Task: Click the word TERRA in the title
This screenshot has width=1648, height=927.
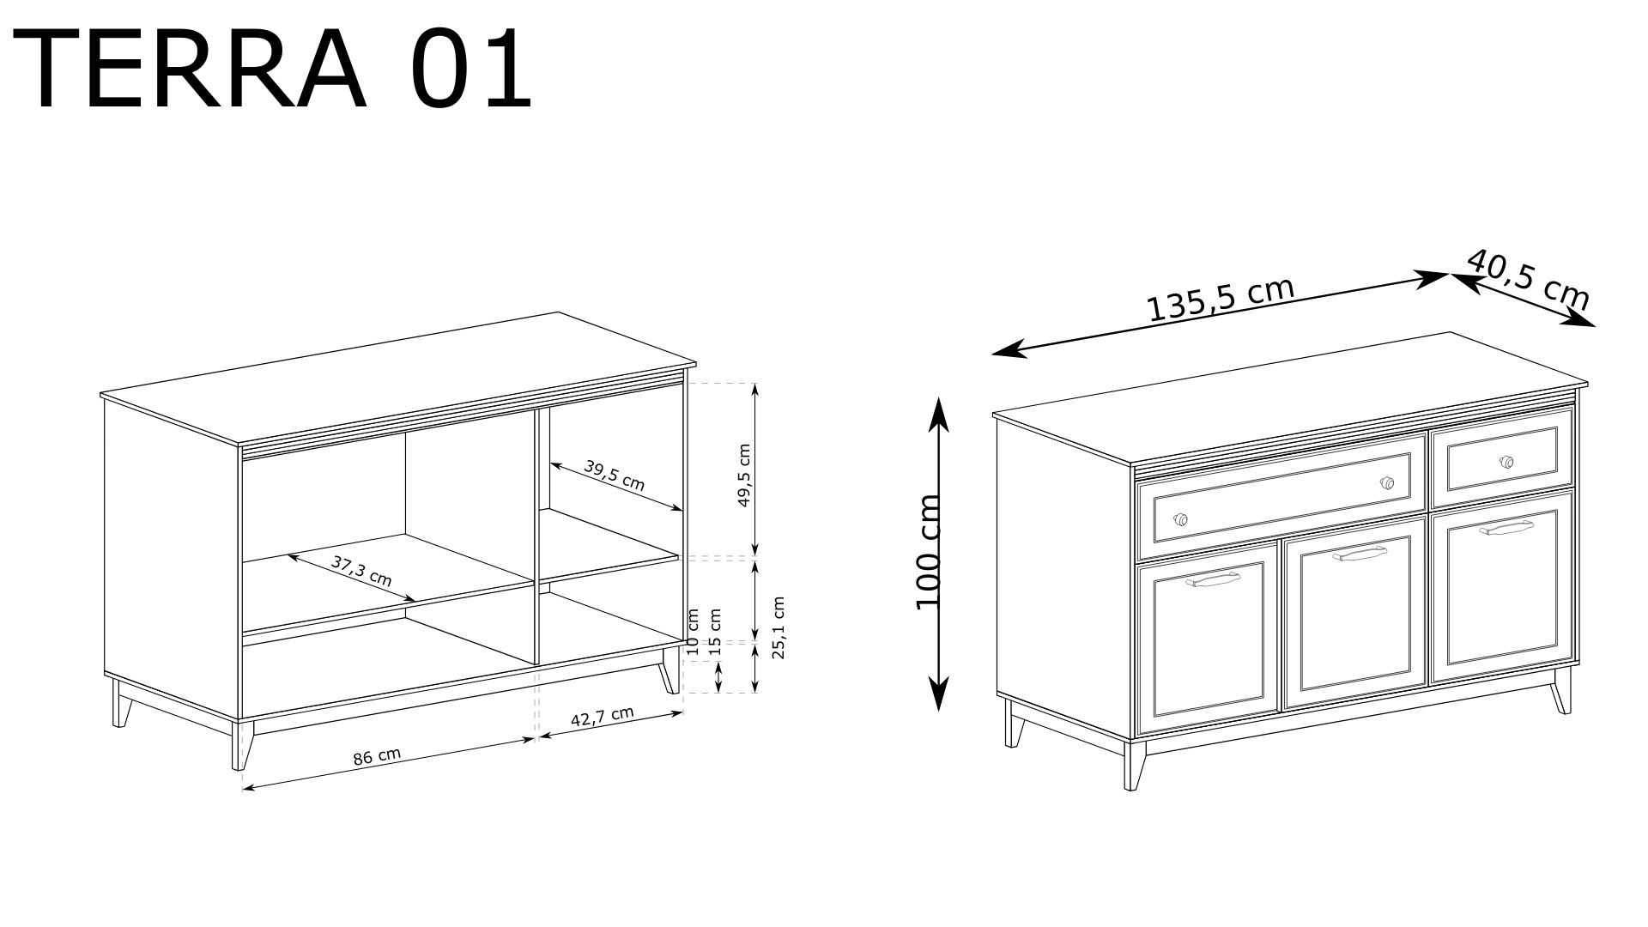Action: [x=190, y=70]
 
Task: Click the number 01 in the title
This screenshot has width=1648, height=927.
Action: [x=471, y=70]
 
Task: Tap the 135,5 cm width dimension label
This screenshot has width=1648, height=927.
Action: [x=1221, y=298]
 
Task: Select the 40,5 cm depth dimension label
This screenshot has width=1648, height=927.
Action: [x=1528, y=280]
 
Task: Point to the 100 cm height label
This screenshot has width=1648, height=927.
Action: [x=929, y=552]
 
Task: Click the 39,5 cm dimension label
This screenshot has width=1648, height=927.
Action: [x=614, y=475]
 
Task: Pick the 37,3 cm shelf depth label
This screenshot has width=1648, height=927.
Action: [x=361, y=570]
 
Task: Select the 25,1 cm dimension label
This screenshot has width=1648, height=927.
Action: [x=779, y=627]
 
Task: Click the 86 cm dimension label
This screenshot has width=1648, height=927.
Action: [x=377, y=756]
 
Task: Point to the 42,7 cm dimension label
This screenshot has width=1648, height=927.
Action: [x=602, y=718]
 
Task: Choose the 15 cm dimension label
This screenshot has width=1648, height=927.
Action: [x=715, y=627]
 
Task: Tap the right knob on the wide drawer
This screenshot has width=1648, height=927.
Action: [x=1386, y=483]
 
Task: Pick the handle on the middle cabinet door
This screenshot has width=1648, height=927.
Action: [x=1360, y=554]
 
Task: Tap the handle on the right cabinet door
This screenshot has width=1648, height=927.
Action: [x=1507, y=528]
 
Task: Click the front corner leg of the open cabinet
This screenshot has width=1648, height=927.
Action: [x=241, y=743]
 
